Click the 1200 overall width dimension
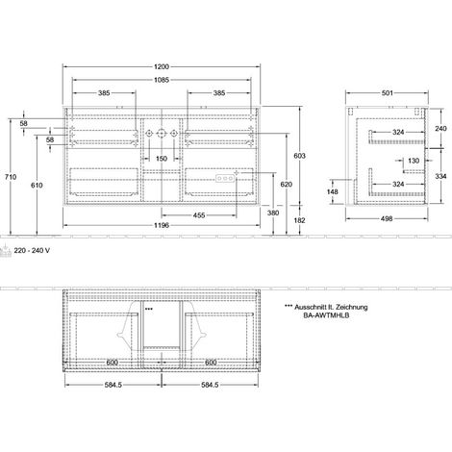click(x=162, y=66)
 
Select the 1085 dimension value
click(x=162, y=80)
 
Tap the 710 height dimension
click(x=11, y=177)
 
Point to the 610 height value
click(x=37, y=185)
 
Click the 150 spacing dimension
click(x=162, y=159)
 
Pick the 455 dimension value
click(x=199, y=215)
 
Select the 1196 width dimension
click(x=162, y=225)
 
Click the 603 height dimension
click(x=300, y=156)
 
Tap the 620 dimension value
click(x=287, y=185)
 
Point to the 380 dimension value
click(x=273, y=213)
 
